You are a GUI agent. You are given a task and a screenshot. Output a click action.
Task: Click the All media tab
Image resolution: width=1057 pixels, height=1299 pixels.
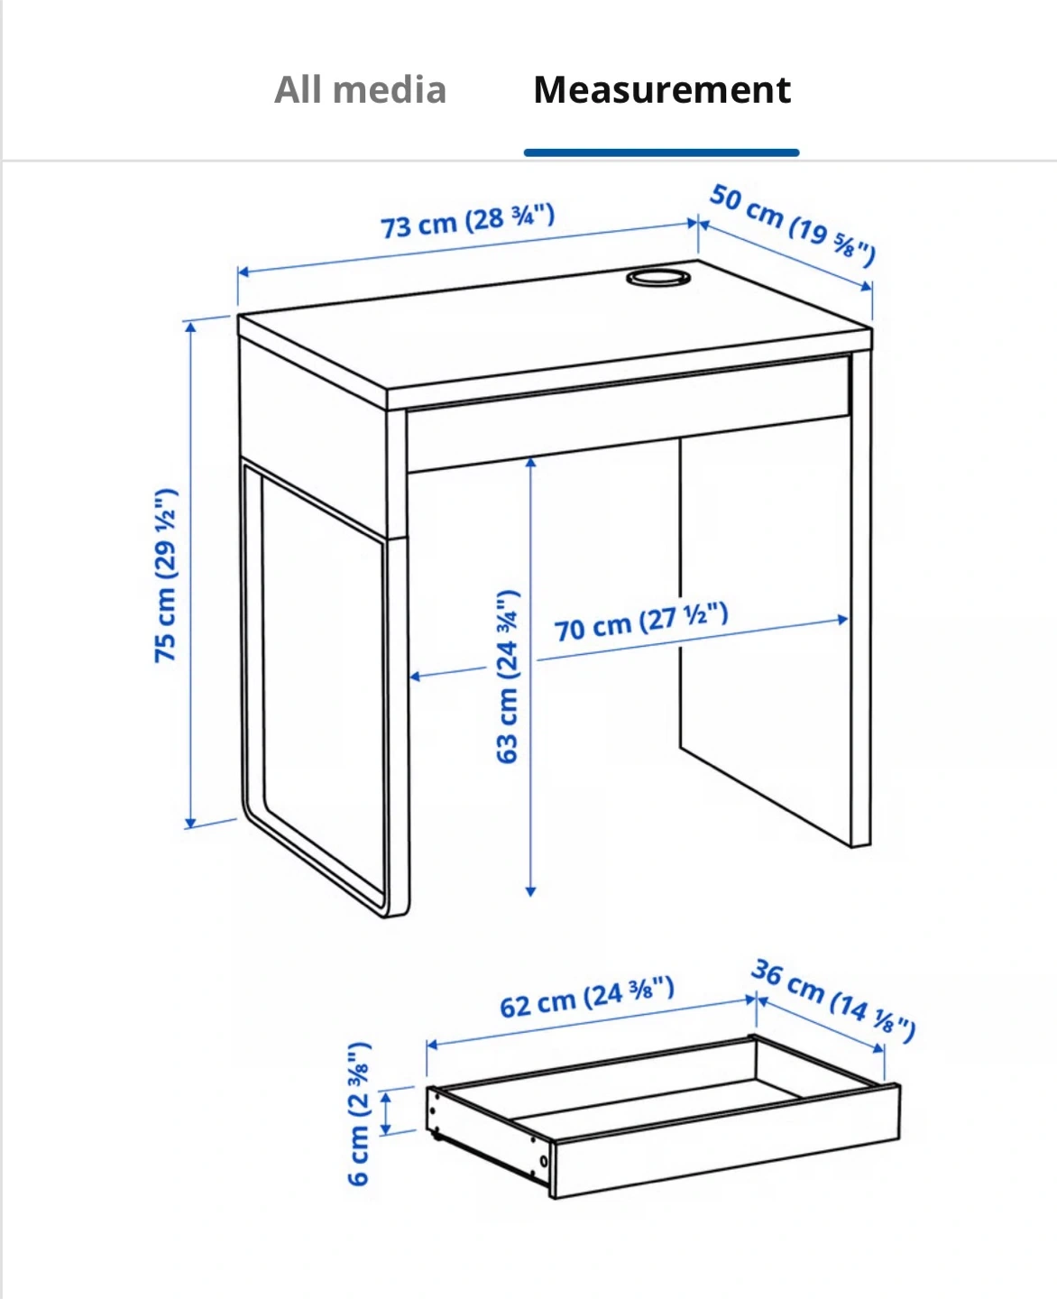pyautogui.click(x=360, y=89)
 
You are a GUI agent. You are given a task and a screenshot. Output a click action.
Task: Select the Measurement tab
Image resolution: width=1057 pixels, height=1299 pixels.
pyautogui.click(x=662, y=89)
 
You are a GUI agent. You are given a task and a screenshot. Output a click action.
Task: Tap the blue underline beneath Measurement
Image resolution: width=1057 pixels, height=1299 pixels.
pyautogui.click(x=661, y=152)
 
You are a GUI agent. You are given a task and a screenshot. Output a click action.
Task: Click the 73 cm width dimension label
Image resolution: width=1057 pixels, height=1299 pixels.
pyautogui.click(x=468, y=221)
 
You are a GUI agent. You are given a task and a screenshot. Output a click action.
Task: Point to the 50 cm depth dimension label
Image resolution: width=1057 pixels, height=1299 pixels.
pyautogui.click(x=793, y=226)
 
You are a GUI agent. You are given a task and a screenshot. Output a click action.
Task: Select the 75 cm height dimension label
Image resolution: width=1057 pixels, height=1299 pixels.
pyautogui.click(x=166, y=576)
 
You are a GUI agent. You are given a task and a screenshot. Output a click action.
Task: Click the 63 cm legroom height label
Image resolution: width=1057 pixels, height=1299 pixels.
pyautogui.click(x=508, y=677)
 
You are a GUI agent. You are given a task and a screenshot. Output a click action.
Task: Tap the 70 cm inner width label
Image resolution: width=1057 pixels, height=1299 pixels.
pyautogui.click(x=641, y=622)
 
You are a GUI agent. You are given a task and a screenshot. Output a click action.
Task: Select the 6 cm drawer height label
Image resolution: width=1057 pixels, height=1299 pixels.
pyautogui.click(x=359, y=1113)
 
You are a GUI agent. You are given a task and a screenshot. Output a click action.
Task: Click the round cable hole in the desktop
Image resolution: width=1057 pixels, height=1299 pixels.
pyautogui.click(x=658, y=278)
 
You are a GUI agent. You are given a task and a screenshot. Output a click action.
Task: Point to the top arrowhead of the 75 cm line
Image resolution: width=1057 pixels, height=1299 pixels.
pyautogui.click(x=191, y=327)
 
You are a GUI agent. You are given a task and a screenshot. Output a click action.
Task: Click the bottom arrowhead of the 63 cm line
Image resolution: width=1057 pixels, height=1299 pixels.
pyautogui.click(x=531, y=891)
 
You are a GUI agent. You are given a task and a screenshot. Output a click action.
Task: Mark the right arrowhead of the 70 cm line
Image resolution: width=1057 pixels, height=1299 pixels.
pyautogui.click(x=843, y=620)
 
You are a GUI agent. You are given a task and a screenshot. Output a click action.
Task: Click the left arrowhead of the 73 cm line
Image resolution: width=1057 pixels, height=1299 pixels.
pyautogui.click(x=243, y=272)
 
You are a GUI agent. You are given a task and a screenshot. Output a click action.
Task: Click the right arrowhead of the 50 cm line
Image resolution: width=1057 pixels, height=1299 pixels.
pyautogui.click(x=867, y=287)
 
